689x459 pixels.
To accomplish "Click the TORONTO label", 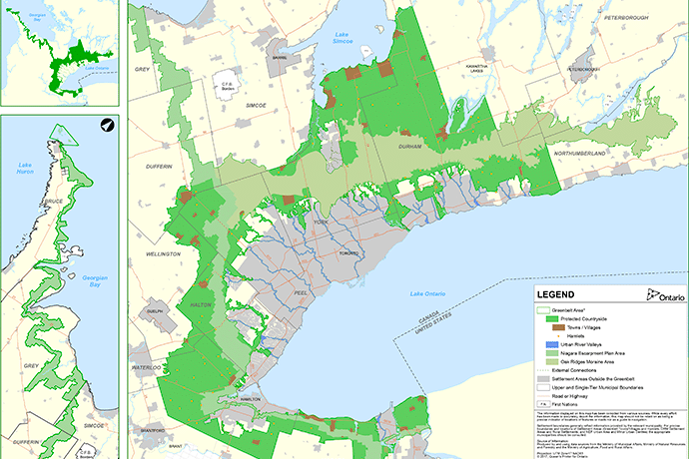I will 349,227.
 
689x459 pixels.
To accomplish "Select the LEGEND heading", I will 555,295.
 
